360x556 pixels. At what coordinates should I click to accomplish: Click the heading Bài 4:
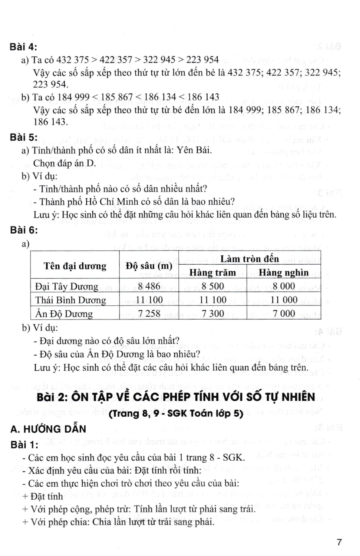[23, 47]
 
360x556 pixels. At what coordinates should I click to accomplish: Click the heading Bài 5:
[24, 138]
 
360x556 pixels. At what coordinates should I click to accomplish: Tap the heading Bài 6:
[24, 230]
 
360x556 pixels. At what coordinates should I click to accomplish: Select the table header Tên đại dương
[75, 266]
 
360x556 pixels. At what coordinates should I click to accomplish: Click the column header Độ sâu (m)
[149, 266]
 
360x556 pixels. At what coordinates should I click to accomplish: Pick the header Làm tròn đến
[249, 259]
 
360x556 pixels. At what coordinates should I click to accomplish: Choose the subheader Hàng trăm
[212, 273]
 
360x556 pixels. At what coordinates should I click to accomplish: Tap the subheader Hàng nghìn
[284, 273]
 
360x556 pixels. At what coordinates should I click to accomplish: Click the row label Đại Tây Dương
[67, 287]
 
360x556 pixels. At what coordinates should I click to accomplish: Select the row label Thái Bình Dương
[70, 300]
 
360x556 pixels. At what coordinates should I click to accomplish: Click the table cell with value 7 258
[149, 314]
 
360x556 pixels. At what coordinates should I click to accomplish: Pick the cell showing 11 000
[284, 300]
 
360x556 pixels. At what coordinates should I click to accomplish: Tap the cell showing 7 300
[212, 314]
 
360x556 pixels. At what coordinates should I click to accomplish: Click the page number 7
[339, 542]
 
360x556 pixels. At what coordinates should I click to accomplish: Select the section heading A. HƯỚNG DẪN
[48, 429]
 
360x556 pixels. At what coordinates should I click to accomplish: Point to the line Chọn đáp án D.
[65, 163]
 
